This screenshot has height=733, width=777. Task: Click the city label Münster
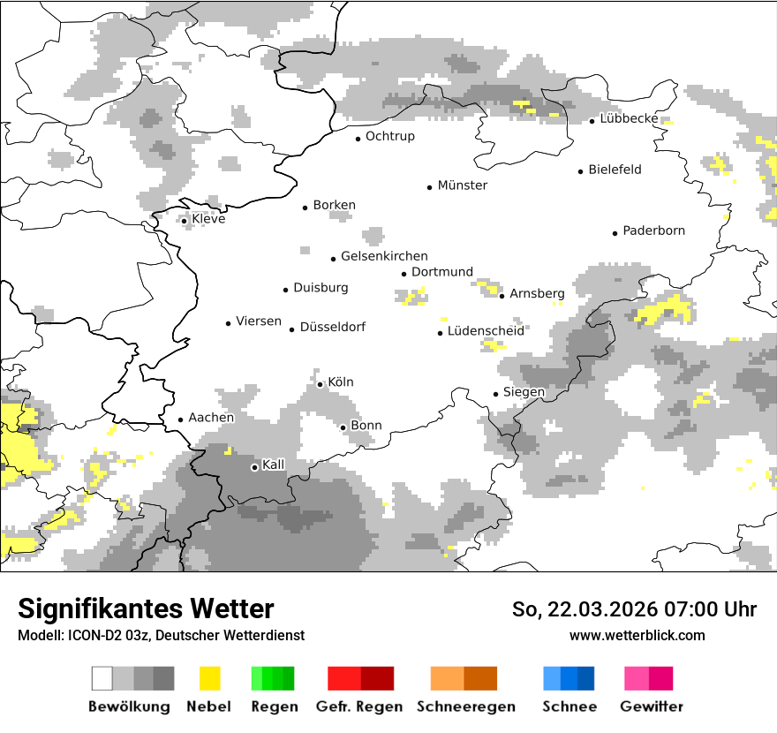pos(462,185)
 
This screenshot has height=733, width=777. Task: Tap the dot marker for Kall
pos(254,467)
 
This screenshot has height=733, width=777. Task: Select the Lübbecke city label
pos(629,118)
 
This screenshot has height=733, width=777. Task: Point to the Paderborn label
pos(653,231)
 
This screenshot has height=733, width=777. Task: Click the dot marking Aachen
pos(180,420)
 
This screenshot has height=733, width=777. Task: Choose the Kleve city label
pos(208,219)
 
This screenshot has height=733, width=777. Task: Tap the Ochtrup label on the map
pos(389,137)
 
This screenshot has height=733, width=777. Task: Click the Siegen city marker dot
pos(495,394)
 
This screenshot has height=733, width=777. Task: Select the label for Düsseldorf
pos(332,328)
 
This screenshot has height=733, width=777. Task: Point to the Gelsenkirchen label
pos(384,257)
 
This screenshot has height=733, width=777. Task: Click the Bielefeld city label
pos(615,170)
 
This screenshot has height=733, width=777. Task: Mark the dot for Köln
pos(320,384)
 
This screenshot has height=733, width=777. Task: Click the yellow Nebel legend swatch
pos(209,678)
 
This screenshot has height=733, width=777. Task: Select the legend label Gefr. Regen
pos(359,707)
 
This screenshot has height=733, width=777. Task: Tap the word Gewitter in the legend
pos(651,707)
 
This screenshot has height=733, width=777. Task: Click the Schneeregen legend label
pos(465,707)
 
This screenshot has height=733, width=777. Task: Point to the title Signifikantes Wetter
pos(146,608)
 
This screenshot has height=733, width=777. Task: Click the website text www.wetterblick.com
pos(637,636)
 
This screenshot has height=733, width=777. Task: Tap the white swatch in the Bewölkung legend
pos(102,678)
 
